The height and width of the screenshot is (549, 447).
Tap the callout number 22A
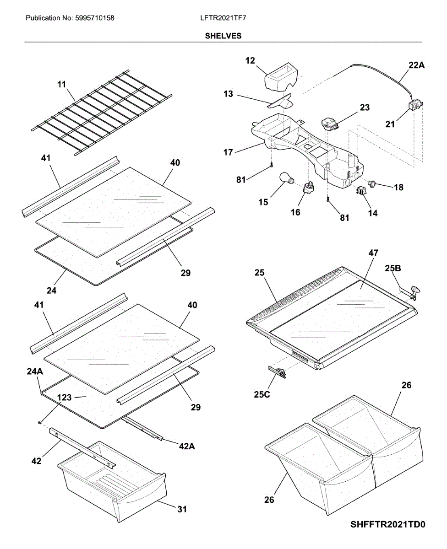click(x=416, y=65)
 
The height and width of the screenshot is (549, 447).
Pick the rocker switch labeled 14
click(x=362, y=190)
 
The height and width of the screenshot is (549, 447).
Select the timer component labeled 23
click(x=329, y=123)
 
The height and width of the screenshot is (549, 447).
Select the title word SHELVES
click(x=223, y=36)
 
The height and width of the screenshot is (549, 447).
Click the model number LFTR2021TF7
click(x=223, y=18)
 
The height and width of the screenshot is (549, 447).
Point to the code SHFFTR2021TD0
click(x=388, y=524)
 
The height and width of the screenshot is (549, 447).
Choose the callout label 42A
click(x=186, y=446)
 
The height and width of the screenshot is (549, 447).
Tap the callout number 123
click(x=64, y=398)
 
